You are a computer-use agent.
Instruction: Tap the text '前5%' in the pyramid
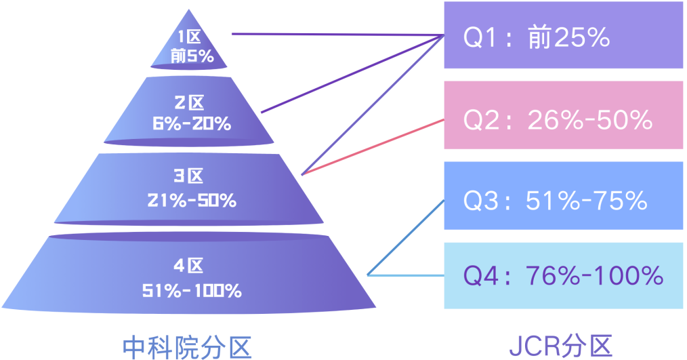(x=192, y=56)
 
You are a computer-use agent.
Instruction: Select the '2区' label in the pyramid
(x=189, y=103)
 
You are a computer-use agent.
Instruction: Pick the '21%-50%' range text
(x=192, y=200)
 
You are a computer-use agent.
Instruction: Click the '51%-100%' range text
(x=192, y=290)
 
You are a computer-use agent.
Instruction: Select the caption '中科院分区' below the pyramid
(x=187, y=346)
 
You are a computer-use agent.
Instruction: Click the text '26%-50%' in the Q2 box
(x=589, y=120)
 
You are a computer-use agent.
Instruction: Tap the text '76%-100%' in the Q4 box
(x=594, y=276)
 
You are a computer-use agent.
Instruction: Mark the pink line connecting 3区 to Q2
(x=373, y=146)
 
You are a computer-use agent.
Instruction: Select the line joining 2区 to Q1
(x=349, y=75)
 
